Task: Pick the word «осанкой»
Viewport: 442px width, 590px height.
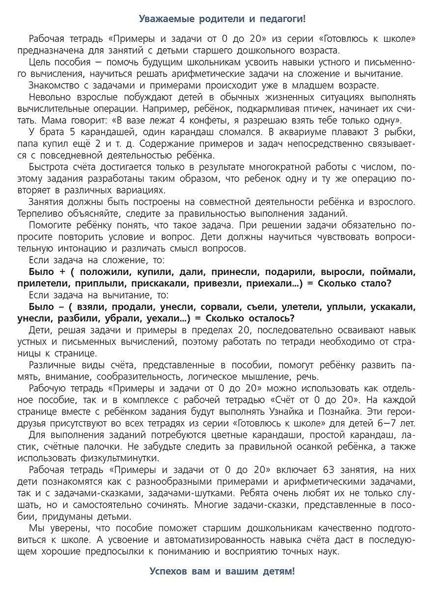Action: pyautogui.click(x=323, y=446)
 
